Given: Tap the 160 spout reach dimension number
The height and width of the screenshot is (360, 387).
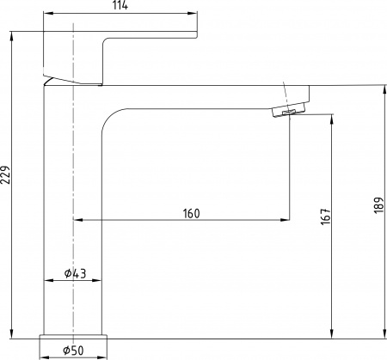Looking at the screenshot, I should point(192,214).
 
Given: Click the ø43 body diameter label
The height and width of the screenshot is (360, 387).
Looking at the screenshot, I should point(75,273).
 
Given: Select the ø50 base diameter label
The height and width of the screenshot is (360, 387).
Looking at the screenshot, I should point(74,351).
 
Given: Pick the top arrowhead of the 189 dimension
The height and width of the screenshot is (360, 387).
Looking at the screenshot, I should point(382,89).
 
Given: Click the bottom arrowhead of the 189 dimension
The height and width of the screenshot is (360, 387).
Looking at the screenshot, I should point(382,334).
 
